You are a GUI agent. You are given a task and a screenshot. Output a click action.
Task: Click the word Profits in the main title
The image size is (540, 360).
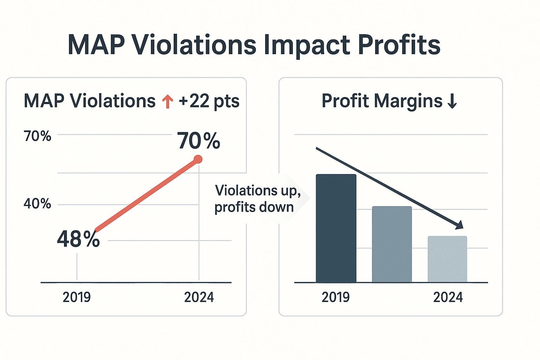click(x=399, y=45)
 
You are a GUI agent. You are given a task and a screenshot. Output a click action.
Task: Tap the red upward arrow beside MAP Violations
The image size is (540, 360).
click(x=168, y=102)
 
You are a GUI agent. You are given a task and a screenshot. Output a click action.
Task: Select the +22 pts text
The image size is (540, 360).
click(x=209, y=101)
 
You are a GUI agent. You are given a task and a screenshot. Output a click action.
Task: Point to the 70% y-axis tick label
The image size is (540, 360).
click(x=37, y=136)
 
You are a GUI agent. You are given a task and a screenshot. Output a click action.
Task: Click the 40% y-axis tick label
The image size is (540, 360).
click(x=37, y=204)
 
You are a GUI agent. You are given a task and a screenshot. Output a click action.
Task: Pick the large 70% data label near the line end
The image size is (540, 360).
click(x=199, y=141)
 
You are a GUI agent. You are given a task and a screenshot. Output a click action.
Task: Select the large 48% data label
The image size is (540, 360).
click(x=78, y=239)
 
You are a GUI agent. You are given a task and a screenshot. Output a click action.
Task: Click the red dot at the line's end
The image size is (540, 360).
click(x=198, y=160)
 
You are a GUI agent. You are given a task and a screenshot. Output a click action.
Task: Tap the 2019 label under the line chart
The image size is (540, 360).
click(x=77, y=297)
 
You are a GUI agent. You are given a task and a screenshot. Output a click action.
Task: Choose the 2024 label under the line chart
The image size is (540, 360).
click(x=199, y=297)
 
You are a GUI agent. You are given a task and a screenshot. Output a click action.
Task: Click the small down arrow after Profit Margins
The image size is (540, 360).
click(x=452, y=101)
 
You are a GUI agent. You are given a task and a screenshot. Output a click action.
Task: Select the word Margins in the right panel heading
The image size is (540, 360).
click(x=408, y=101)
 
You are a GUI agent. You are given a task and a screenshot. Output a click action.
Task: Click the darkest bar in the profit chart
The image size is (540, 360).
click(x=336, y=229)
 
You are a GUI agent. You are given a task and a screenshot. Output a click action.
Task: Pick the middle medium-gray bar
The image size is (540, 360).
click(x=392, y=244)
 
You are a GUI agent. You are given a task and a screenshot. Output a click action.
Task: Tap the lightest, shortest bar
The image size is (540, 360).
click(x=447, y=259)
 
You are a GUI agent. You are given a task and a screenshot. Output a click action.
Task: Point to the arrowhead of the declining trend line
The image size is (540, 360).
click(x=459, y=225)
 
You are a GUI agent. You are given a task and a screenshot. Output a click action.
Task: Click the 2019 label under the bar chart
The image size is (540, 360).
click(x=336, y=297)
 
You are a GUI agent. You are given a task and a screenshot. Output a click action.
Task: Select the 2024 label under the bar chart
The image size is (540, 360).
click(x=448, y=297)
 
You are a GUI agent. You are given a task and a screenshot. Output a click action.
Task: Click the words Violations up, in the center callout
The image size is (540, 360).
click(x=258, y=191)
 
